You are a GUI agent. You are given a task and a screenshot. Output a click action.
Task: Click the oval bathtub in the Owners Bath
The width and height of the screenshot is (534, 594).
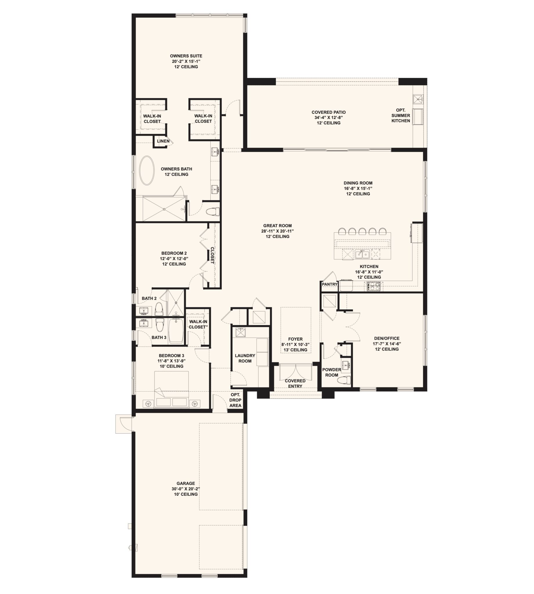click(147, 171)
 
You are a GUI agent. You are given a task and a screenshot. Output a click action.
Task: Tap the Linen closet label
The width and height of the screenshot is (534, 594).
click(163, 141)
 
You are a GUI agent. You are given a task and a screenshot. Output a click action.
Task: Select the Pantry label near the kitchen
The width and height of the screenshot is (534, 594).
click(330, 284)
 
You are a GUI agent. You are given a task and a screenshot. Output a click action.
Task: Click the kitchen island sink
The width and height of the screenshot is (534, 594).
click(362, 254)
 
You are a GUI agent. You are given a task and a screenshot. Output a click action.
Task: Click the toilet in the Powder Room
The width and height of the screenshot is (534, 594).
click(344, 381)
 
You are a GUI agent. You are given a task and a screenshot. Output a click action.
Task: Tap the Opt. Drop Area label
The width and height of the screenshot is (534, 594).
click(235, 400)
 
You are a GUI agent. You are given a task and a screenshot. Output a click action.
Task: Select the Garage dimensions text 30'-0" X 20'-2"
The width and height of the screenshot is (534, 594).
click(186, 489)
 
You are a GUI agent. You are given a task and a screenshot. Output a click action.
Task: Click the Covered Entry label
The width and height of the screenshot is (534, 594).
click(295, 383)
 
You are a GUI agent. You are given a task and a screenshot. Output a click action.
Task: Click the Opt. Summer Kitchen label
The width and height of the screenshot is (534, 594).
click(401, 115)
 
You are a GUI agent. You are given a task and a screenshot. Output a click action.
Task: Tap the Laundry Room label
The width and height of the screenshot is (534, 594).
click(245, 358)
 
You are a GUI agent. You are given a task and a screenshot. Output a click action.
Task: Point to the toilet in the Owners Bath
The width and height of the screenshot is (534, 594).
click(213, 211)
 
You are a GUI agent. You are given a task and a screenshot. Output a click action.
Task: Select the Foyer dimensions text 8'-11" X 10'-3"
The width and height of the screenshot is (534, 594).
click(296, 344)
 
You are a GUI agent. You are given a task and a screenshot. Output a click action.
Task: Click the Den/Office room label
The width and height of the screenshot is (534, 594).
click(387, 338)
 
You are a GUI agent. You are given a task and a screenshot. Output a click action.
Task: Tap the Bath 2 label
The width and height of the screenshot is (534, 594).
click(149, 298)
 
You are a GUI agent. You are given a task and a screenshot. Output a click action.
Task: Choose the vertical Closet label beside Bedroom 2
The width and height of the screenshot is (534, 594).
click(212, 255)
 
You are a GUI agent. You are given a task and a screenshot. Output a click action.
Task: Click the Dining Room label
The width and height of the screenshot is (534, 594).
click(358, 183)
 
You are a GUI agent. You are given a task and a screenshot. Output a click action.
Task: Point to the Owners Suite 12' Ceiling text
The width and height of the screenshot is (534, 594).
click(186, 67)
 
